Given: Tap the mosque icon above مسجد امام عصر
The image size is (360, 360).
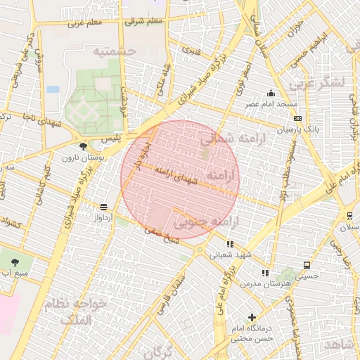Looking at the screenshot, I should [x=271, y=93].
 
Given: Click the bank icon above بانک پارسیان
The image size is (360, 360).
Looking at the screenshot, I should [x=298, y=118].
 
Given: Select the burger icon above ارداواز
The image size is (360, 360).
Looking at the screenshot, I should [x=104, y=207].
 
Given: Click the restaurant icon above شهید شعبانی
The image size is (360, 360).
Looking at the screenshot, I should [x=230, y=245].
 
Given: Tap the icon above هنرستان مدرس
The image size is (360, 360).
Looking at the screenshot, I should [x=265, y=273].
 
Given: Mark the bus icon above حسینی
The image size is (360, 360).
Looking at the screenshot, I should [x=307, y=265].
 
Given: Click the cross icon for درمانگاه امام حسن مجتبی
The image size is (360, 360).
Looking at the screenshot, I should [x=252, y=318].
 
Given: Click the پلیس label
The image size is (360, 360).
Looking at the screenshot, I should [x=110, y=139].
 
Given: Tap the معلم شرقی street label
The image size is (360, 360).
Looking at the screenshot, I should [x=145, y=20].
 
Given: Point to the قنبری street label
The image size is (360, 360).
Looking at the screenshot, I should [x=191, y=50].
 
